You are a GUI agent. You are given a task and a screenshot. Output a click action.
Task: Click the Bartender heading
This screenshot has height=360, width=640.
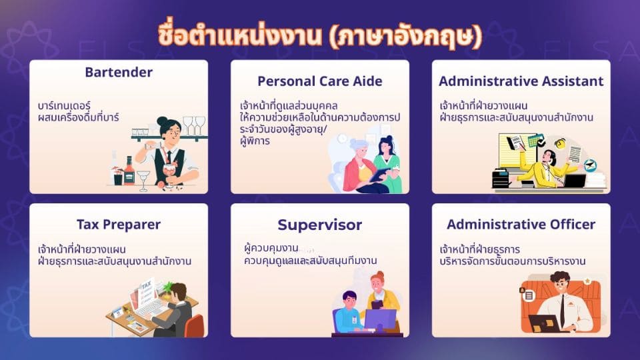[119, 72]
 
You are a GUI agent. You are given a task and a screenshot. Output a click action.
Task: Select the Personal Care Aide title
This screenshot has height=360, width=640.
[320, 81]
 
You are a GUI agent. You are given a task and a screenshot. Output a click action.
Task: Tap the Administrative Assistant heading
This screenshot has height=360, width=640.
[521, 81]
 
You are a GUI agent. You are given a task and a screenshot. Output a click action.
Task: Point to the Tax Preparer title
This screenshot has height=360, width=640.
[119, 225]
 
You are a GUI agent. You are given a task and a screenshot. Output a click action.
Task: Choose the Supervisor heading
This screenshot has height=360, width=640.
[320, 225]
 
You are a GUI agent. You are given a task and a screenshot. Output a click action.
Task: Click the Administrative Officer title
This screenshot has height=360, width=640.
[521, 224]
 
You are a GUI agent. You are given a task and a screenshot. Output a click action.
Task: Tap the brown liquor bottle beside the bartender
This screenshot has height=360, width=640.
[129, 171]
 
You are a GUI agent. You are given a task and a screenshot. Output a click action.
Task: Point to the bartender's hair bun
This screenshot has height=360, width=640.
[162, 121]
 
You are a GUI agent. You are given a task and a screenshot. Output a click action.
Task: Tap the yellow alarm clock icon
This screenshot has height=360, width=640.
[560, 143]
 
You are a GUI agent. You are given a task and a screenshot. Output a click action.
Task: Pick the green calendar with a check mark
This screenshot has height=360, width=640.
[536, 141]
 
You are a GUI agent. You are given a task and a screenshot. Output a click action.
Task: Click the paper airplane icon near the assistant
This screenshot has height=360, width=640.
[590, 165]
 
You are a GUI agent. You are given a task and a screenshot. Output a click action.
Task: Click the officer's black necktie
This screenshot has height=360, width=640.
[563, 310]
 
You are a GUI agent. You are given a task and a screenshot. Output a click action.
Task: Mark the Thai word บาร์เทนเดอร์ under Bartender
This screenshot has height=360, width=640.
[64, 106]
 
